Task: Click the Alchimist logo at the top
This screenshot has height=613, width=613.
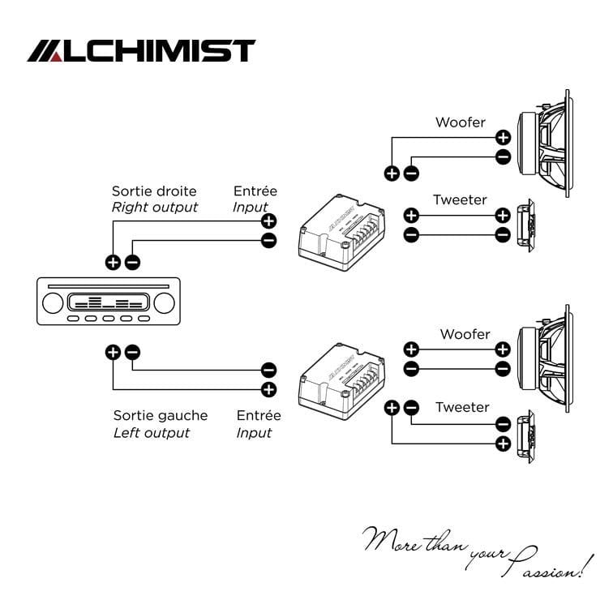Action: (141, 50)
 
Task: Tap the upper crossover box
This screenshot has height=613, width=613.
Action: (341, 233)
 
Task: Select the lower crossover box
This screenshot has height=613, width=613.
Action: (341, 382)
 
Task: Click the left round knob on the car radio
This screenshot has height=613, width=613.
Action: (53, 303)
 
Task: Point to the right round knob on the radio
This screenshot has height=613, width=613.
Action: (164, 303)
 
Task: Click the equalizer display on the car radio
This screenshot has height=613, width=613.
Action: (109, 302)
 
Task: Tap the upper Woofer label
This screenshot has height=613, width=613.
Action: (461, 122)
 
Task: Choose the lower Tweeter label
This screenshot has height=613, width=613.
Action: (462, 407)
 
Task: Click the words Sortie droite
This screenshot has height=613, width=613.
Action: (154, 191)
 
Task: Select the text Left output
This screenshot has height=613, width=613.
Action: (152, 433)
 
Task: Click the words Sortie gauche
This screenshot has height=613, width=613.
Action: (161, 416)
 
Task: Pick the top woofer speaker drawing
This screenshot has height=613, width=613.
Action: (546, 144)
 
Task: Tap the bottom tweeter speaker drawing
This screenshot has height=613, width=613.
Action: (525, 437)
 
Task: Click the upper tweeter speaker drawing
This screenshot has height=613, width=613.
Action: (525, 225)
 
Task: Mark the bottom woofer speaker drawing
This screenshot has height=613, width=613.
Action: (546, 359)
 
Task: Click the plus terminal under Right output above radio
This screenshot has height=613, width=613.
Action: (113, 262)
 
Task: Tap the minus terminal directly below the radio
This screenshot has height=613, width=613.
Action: (132, 352)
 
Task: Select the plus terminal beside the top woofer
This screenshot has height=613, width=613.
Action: (504, 138)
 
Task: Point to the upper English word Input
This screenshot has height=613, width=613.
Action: (251, 208)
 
